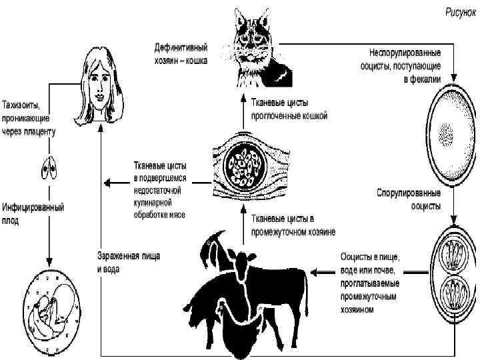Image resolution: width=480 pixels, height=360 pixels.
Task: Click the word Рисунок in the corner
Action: (x=459, y=11)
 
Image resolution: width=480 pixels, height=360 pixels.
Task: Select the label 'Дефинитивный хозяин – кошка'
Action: (x=181, y=54)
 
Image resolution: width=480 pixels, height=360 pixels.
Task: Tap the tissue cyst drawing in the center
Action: (x=243, y=164)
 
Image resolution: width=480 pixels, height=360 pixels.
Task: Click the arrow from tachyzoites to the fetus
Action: (x=48, y=247)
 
